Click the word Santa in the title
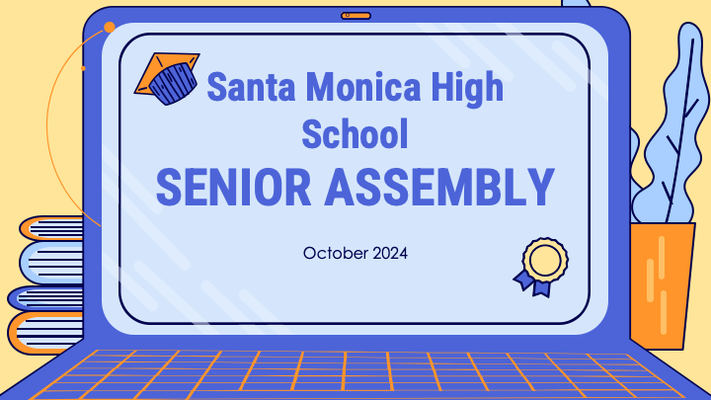pos(251,87)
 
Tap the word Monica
pos(363,87)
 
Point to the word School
pos(355,133)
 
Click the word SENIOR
pos(233,187)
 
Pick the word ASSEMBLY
pos(439,187)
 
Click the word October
pos(336,253)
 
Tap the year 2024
pos(390,253)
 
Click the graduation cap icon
pos(167,78)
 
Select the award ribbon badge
pos(541,267)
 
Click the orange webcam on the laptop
pos(355,16)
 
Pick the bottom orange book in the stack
pos(45,333)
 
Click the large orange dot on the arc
pos(110,28)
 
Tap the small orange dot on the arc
pos(83,68)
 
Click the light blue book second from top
pos(51,263)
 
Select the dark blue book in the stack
pos(45,299)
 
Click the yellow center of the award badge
pos(545,260)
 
